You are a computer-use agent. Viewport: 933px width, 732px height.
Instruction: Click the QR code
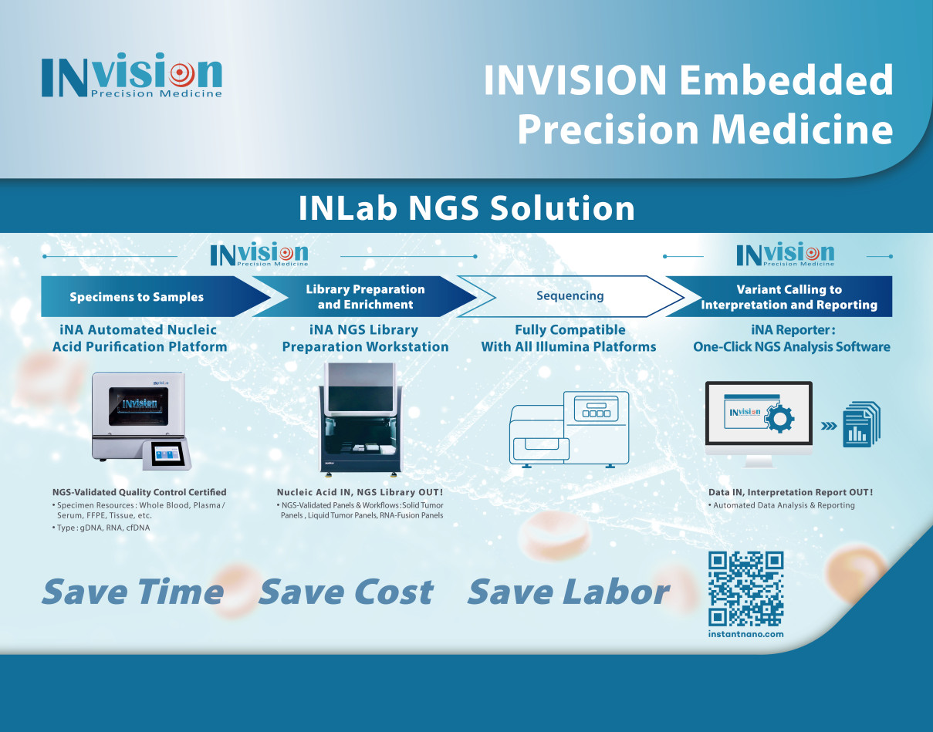point(745,589)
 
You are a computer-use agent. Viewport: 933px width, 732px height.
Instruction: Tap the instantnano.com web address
point(745,634)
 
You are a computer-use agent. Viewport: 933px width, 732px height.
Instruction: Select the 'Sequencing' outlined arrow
point(570,296)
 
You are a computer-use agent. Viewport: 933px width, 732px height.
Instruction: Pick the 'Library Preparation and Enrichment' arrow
point(365,296)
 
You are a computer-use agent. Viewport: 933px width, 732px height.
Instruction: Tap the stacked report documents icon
point(861,424)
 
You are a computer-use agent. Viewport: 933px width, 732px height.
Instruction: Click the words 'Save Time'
point(133,592)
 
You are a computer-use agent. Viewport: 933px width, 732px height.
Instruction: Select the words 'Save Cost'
point(346,592)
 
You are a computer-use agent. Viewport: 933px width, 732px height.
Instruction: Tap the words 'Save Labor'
point(569,592)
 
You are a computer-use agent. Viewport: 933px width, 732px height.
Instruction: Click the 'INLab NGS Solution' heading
point(466,208)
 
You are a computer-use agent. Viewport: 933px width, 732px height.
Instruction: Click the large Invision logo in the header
point(132,75)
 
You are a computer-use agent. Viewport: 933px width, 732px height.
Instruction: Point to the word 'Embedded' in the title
point(786,79)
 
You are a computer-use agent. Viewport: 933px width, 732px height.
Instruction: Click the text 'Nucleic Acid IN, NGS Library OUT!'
point(360,492)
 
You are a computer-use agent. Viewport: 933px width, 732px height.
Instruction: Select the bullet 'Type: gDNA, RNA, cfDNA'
point(101,528)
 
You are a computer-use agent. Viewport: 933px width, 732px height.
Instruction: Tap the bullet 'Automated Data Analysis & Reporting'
point(782,505)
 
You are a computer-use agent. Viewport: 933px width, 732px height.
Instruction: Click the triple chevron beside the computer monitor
point(829,426)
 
